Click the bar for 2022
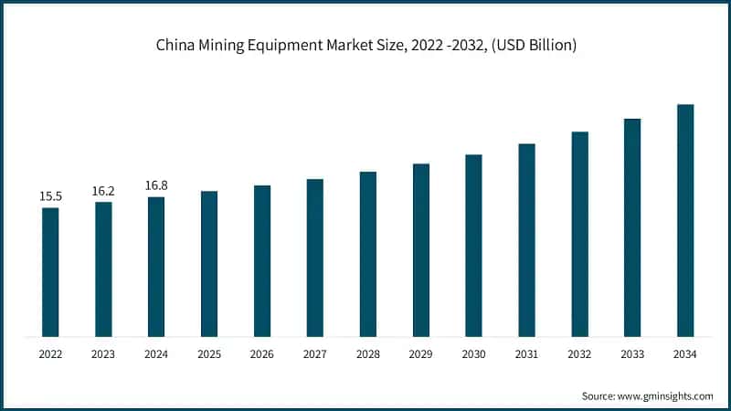[x=50, y=271]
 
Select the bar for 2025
[x=209, y=263]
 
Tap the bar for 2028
[x=368, y=253]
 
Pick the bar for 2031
[x=526, y=239]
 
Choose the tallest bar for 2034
[x=685, y=220]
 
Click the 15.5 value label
[x=49, y=196]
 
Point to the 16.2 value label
[x=103, y=191]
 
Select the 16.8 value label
[x=156, y=185]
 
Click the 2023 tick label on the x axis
[x=103, y=354]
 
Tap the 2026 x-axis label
[x=262, y=354]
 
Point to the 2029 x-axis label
[x=420, y=354]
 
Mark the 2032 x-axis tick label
[x=579, y=354]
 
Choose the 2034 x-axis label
[x=685, y=354]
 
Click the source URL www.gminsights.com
[x=667, y=395]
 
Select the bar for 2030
[x=473, y=245]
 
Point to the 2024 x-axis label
[x=156, y=354]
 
